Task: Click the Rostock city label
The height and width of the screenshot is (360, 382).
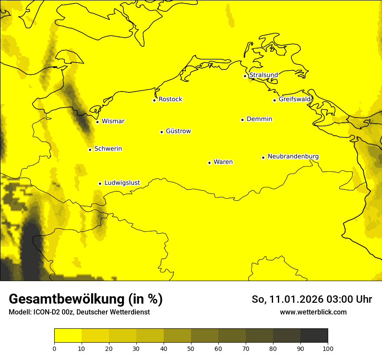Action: (x=170, y=99)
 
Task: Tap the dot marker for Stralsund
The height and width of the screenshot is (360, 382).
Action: (x=245, y=76)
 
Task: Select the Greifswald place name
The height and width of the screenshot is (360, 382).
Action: (x=295, y=99)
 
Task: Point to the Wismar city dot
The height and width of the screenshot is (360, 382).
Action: (x=98, y=122)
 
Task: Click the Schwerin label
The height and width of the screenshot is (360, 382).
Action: (x=108, y=149)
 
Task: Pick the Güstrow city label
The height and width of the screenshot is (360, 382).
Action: (x=178, y=131)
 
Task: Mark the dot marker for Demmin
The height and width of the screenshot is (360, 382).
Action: (x=242, y=120)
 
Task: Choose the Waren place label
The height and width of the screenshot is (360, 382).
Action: (x=223, y=162)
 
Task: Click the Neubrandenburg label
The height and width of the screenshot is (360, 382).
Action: (x=293, y=156)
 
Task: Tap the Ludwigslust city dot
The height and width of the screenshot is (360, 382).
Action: (x=100, y=183)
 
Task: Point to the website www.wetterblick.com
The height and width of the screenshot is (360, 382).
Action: (x=313, y=312)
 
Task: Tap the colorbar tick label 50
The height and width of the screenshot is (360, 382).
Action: (x=191, y=348)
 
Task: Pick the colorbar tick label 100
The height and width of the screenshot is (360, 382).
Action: (x=328, y=348)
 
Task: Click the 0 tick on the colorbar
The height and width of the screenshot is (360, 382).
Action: (x=54, y=348)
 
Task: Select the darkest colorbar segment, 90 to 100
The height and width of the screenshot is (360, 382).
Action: (x=314, y=336)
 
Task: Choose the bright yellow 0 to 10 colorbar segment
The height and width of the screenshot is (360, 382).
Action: (x=68, y=336)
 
